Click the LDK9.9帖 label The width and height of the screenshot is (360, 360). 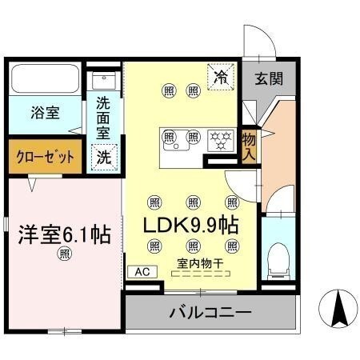coord(189,226)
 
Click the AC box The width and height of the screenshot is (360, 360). coord(142,272)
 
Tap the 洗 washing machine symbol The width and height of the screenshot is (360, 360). coord(104,157)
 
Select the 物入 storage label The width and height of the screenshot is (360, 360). coord(250,146)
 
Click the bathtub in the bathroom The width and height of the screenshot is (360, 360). coord(46,79)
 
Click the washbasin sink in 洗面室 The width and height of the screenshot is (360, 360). coord(104,79)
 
